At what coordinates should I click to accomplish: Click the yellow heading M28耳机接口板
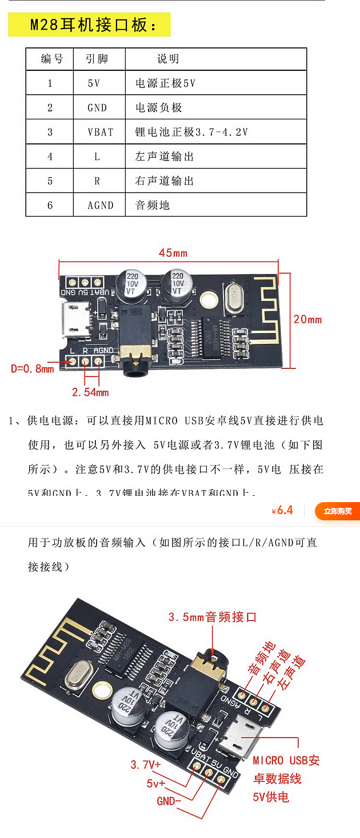[x=90, y=25]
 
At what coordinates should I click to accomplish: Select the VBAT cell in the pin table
[x=100, y=132]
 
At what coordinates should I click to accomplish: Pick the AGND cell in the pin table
[x=100, y=205]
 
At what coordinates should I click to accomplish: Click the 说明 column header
[x=168, y=59]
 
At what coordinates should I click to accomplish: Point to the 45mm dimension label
[x=173, y=253]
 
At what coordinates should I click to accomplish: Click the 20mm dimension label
[x=307, y=319]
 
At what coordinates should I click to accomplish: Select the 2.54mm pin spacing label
[x=90, y=392]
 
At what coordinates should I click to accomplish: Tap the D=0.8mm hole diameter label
[x=33, y=368]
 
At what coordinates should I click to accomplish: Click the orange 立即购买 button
[x=337, y=511]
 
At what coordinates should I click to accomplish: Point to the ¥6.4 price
[x=282, y=511]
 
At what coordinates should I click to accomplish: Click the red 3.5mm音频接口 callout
[x=213, y=617]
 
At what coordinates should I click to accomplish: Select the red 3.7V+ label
[x=146, y=764]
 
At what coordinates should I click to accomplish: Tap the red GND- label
[x=169, y=801]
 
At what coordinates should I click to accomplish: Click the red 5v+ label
[x=155, y=783]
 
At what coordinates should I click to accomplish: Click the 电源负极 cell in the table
[x=158, y=107]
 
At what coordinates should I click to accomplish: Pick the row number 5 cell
[x=50, y=181]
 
